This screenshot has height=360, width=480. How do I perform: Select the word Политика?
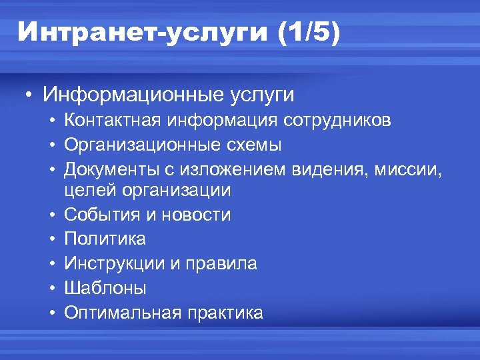(x=105, y=239)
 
